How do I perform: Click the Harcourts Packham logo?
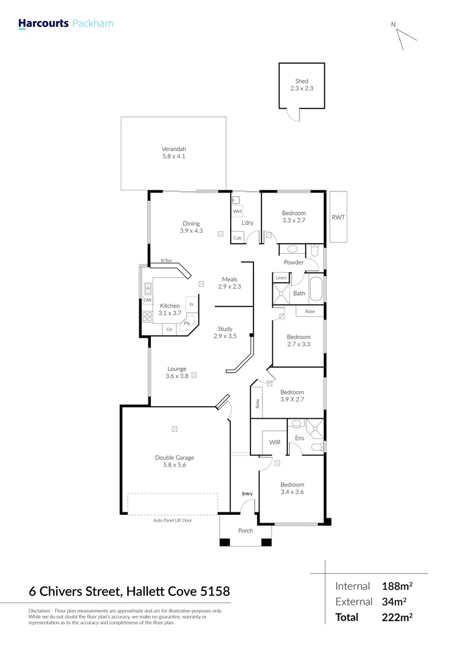tap(65, 24)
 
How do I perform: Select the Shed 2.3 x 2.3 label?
tap(301, 85)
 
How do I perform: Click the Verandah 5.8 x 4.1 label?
tap(174, 152)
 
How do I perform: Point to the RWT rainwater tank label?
tap(338, 217)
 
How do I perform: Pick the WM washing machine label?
tap(237, 211)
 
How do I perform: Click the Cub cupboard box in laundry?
tap(237, 238)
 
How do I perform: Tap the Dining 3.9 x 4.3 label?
tap(191, 227)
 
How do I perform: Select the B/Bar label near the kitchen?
tap(166, 260)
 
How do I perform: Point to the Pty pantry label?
tap(187, 324)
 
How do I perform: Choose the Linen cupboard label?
tap(281, 278)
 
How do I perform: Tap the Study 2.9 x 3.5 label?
tap(225, 332)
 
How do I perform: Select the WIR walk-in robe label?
tap(275, 442)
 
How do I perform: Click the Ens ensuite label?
tap(299, 438)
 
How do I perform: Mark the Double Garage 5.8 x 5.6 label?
tap(174, 461)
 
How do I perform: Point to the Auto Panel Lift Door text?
tap(172, 520)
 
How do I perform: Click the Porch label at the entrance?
tap(245, 530)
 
